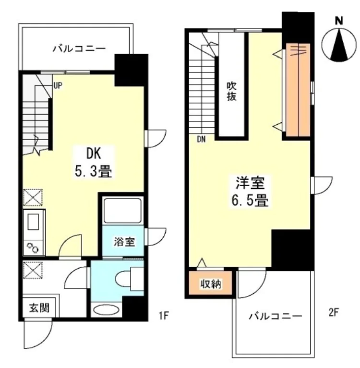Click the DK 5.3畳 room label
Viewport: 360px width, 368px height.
click(93, 162)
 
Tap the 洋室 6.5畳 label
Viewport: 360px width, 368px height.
click(250, 191)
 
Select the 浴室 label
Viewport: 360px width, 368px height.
click(124, 241)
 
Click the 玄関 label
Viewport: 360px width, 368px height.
click(39, 308)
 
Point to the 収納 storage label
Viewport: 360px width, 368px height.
click(211, 284)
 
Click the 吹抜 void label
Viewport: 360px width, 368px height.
click(231, 91)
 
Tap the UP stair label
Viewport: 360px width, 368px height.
click(58, 86)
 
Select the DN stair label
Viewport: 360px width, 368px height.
click(201, 140)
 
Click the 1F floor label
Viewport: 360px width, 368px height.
click(164, 316)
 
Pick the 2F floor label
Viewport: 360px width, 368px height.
click(333, 312)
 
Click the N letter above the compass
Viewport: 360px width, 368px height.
click(338, 21)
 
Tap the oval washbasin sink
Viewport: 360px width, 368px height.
click(106, 310)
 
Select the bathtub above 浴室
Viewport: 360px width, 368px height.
click(123, 211)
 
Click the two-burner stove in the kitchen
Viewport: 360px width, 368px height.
click(33, 248)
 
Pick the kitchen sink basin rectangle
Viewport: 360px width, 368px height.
click(33, 222)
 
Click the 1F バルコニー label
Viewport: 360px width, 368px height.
click(79, 48)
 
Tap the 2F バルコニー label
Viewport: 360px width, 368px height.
click(275, 316)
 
